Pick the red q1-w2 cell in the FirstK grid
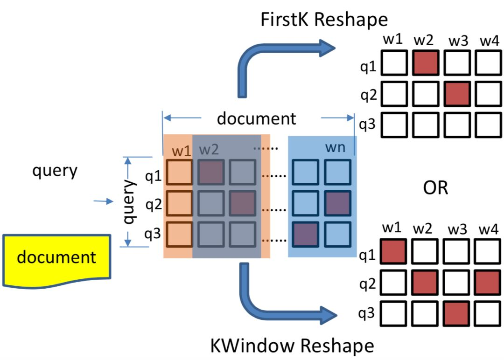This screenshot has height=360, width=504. point(425,63)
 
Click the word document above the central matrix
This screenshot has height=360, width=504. point(256,118)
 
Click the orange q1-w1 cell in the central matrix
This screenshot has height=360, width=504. point(179,172)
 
